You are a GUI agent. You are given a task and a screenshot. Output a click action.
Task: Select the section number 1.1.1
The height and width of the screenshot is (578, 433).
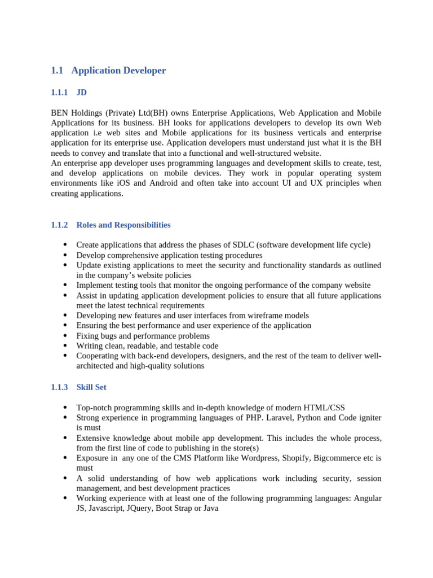[59, 92]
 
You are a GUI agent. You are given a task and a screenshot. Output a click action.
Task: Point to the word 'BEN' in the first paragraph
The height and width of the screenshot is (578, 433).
[60, 113]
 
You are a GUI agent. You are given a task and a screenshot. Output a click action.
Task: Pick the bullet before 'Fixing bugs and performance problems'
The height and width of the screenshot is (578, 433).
[65, 335]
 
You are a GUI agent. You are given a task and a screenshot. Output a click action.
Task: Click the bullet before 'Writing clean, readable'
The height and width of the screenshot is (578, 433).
[65, 345]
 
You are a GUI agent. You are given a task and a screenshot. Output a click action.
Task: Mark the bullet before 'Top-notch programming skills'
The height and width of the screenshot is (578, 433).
[65, 407]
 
